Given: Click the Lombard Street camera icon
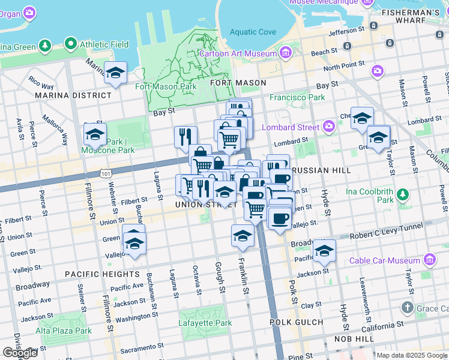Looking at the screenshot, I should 328,126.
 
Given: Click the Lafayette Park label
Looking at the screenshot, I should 205,323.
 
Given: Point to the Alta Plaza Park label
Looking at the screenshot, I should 63,331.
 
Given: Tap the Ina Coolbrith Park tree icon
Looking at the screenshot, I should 403,194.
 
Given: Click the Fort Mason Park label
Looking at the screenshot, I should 166,86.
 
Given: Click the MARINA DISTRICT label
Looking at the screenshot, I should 73,95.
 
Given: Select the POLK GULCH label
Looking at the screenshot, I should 296,322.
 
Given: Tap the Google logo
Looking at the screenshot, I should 20,352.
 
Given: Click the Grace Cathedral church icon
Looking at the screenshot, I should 408,308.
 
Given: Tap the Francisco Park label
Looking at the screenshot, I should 297,97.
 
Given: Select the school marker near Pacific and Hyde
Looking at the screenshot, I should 324,252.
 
